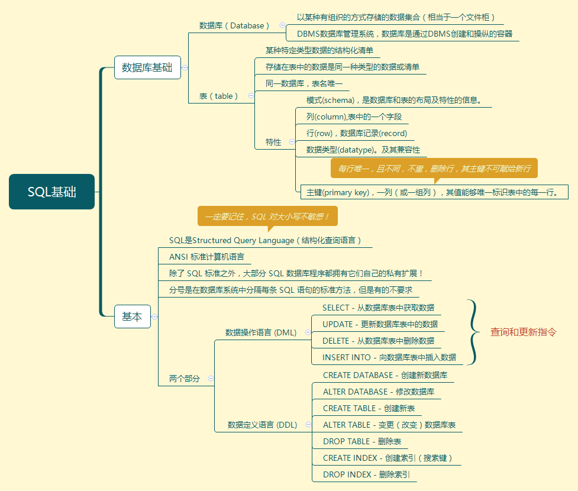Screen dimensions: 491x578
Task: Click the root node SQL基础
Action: tap(51, 192)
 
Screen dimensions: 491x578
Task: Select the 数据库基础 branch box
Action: tap(147, 67)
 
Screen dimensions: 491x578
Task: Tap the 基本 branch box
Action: tap(132, 316)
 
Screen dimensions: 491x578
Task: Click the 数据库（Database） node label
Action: tap(234, 25)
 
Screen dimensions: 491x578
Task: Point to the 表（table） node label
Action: tap(219, 96)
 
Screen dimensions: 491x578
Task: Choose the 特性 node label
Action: tap(273, 142)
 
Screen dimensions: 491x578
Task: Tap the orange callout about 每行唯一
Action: tap(434, 169)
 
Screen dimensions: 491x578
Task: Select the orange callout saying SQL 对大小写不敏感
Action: tap(267, 217)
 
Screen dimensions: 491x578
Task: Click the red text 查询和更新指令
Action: tap(524, 332)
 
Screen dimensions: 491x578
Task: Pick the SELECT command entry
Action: tap(378, 308)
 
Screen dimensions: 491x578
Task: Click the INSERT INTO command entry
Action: tap(389, 357)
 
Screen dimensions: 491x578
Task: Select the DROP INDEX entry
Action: tap(366, 474)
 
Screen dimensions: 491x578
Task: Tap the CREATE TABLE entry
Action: tap(369, 408)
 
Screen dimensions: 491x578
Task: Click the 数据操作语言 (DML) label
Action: tap(261, 332)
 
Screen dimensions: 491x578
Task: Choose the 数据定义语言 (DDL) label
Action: tap(263, 425)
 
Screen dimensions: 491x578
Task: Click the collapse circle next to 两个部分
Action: tap(211, 379)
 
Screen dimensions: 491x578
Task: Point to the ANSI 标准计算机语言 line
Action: tap(206, 257)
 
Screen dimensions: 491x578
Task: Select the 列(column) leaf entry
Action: tap(354, 117)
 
